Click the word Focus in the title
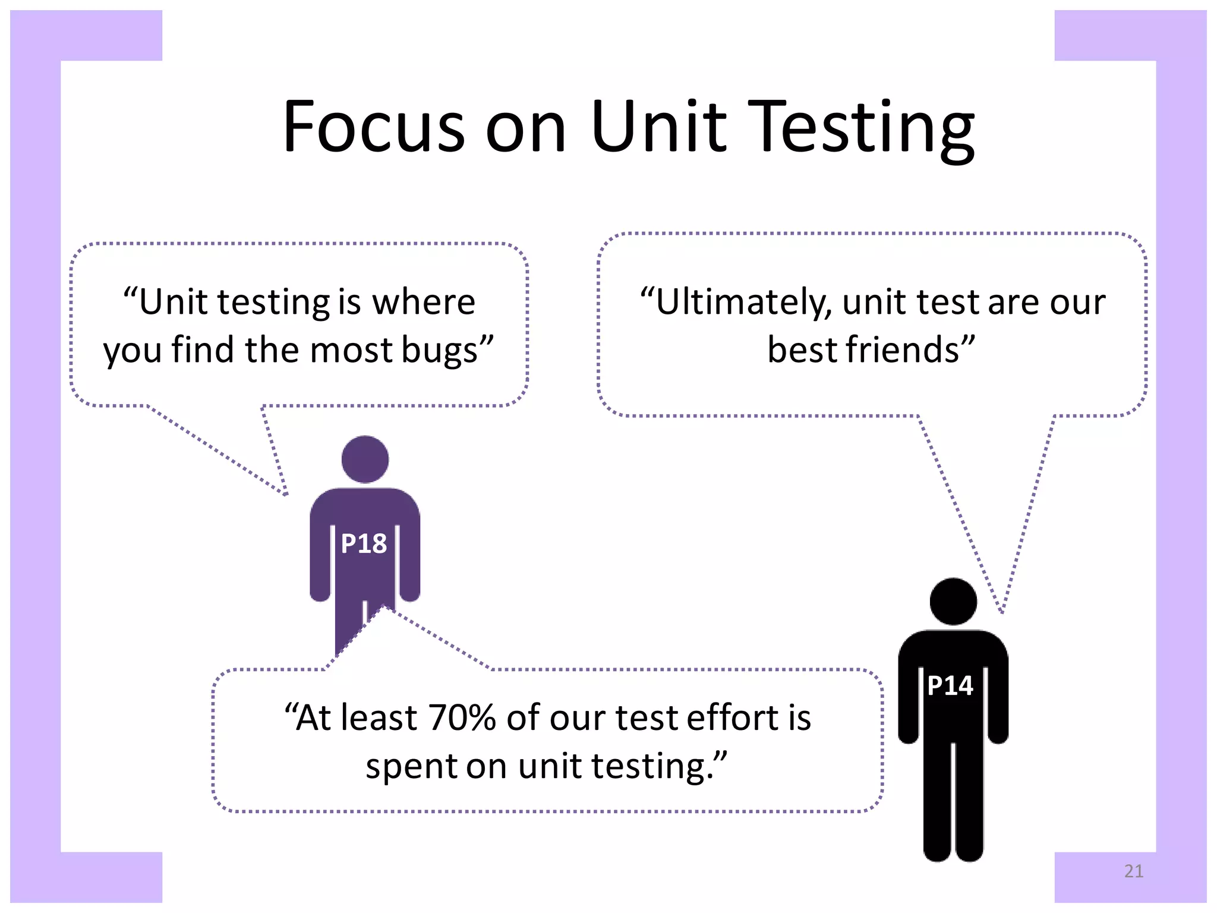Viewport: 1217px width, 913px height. (373, 127)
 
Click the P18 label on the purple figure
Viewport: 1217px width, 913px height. (364, 544)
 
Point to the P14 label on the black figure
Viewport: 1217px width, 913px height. (950, 686)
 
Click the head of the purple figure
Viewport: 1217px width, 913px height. (365, 459)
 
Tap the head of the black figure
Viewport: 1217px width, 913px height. (953, 602)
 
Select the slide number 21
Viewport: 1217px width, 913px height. (1134, 871)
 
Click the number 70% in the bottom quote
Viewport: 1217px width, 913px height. (462, 717)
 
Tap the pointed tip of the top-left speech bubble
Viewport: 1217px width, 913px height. (286, 494)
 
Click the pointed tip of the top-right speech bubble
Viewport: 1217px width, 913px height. (1002, 612)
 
